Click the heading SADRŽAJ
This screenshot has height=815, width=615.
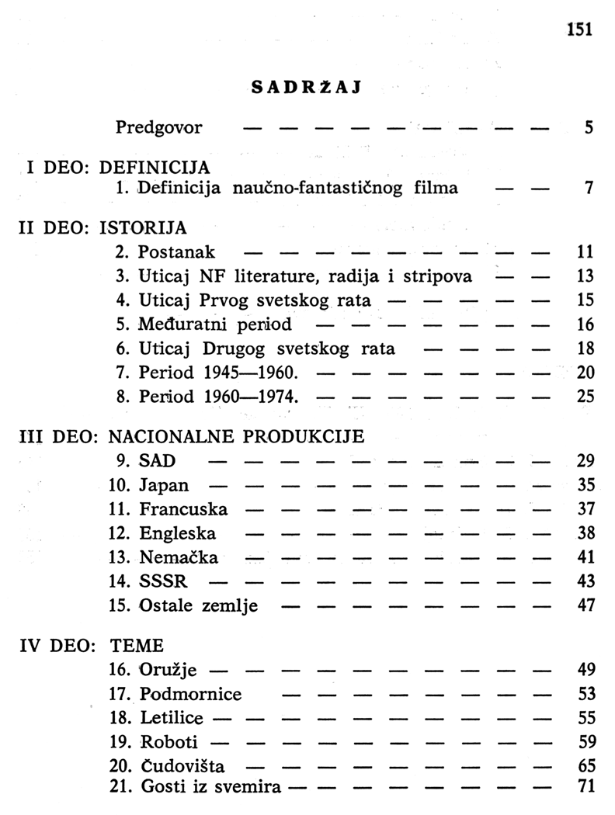point(308,87)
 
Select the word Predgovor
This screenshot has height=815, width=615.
point(158,127)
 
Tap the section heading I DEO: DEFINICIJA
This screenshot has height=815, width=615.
point(118,167)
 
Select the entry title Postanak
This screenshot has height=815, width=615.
point(177,251)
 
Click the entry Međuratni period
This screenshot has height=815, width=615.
point(215,324)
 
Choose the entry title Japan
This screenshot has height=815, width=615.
point(164,486)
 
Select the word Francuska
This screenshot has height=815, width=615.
point(184,510)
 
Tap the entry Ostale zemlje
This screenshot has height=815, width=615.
point(199,605)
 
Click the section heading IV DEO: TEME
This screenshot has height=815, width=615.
point(92,645)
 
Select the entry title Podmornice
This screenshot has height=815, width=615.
point(190,693)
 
